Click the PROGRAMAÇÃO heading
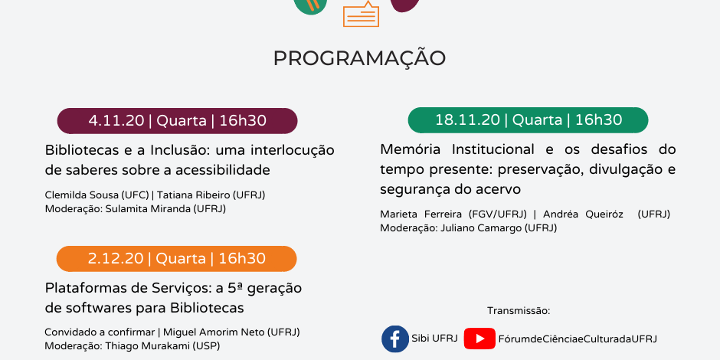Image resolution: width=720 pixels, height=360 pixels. click(359, 58)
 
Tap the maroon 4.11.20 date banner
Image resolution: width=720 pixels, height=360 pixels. click(177, 121)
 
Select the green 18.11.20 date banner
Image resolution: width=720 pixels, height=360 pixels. click(528, 119)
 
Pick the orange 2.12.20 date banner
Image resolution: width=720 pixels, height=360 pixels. click(176, 259)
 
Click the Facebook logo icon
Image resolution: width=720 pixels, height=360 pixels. click(395, 339)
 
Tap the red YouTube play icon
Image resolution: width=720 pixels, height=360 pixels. click(479, 339)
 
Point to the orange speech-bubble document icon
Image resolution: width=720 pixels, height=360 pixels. click(362, 14)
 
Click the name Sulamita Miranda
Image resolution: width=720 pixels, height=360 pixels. click(148, 208)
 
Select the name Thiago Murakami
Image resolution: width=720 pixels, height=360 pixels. click(145, 345)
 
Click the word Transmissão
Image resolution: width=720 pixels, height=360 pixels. click(519, 311)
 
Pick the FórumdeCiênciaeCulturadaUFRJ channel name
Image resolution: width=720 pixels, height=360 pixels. click(578, 339)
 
